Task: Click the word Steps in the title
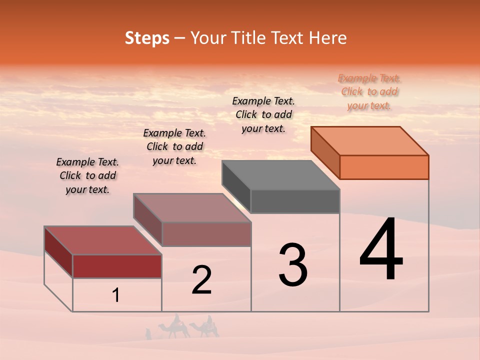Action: (x=147, y=38)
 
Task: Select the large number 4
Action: (x=381, y=250)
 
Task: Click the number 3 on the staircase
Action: (x=293, y=265)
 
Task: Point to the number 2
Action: (x=201, y=279)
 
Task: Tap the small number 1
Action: (x=116, y=295)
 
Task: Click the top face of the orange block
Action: (x=370, y=140)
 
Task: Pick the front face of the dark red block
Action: (x=117, y=266)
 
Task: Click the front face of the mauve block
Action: (x=206, y=234)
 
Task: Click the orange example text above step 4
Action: (x=369, y=92)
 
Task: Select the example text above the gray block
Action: (x=263, y=114)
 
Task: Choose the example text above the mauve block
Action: (x=174, y=146)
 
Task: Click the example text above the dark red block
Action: (x=87, y=175)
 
